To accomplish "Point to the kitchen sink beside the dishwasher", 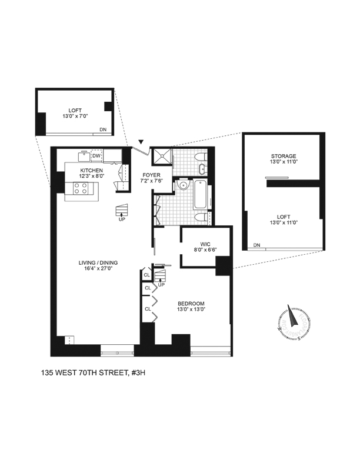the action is click(x=84, y=157).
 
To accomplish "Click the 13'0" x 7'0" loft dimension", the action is click(x=74, y=116).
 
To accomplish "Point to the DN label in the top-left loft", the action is click(x=103, y=129).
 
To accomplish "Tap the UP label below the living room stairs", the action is click(x=122, y=220).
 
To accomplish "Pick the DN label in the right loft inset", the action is click(x=256, y=245).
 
